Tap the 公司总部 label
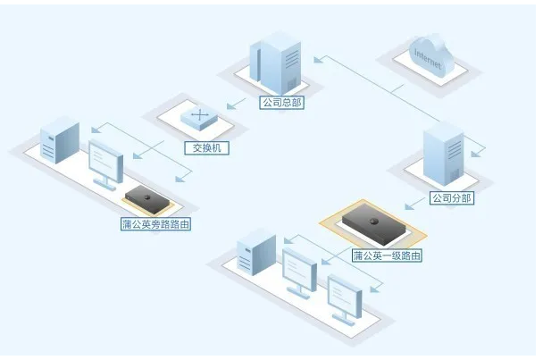[282, 103]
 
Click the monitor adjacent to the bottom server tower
[299, 272]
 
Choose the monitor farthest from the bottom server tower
[345, 298]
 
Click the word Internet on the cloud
[427, 56]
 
